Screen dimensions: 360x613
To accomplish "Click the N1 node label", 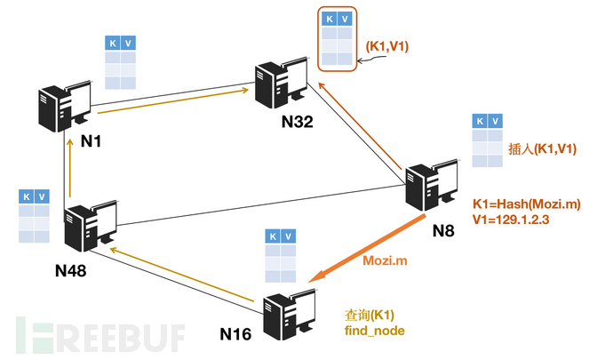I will click(x=92, y=140).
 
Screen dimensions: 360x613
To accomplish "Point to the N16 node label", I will click(x=235, y=334).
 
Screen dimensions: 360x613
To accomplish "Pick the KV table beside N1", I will click(x=121, y=62).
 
